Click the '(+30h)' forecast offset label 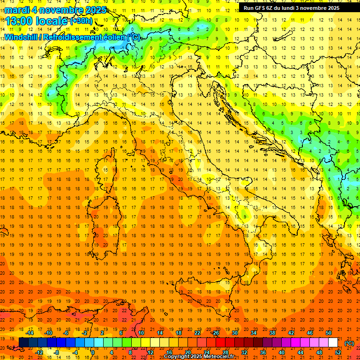pos(81,21)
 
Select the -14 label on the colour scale pos(30,333)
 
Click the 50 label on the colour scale pos(329,333)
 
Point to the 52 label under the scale pos(338,352)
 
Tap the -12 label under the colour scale pos(39,352)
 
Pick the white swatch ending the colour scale pos(333,342)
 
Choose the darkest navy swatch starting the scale pos(23,342)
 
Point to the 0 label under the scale pos(93,352)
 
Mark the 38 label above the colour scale pos(272,333)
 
